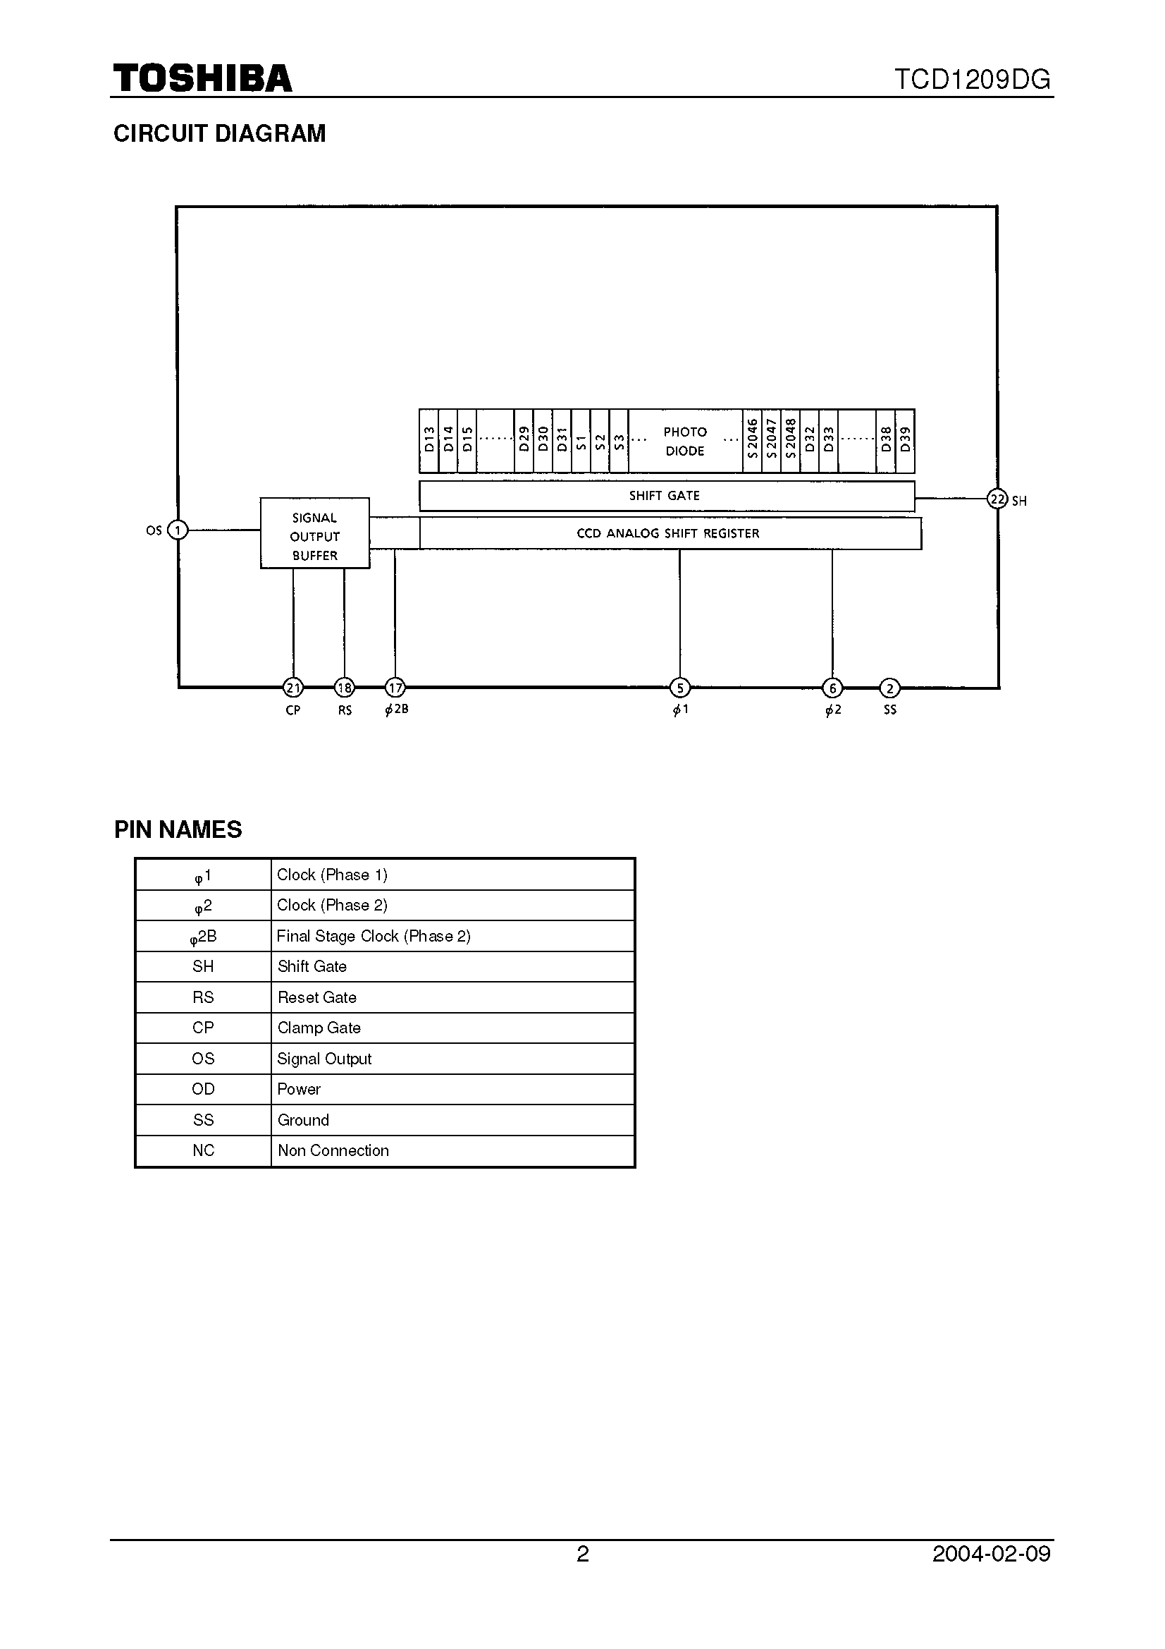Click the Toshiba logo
click(x=202, y=78)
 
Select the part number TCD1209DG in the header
click(x=972, y=79)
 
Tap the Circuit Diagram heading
click(x=220, y=133)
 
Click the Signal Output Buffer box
click(x=314, y=533)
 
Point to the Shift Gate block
click(x=665, y=496)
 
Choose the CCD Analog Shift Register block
click(x=669, y=534)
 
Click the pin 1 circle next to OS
click(x=178, y=530)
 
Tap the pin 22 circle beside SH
click(x=997, y=499)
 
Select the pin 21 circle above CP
click(x=293, y=688)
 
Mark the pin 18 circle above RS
click(x=345, y=688)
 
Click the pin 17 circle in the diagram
click(x=395, y=688)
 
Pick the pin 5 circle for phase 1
click(x=680, y=688)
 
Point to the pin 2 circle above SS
click(x=889, y=688)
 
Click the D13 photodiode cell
click(x=429, y=441)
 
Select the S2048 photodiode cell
click(x=790, y=441)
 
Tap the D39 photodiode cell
click(x=905, y=441)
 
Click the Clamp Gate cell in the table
click(x=452, y=1028)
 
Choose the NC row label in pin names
click(x=203, y=1150)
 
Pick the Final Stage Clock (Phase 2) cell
click(x=452, y=936)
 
